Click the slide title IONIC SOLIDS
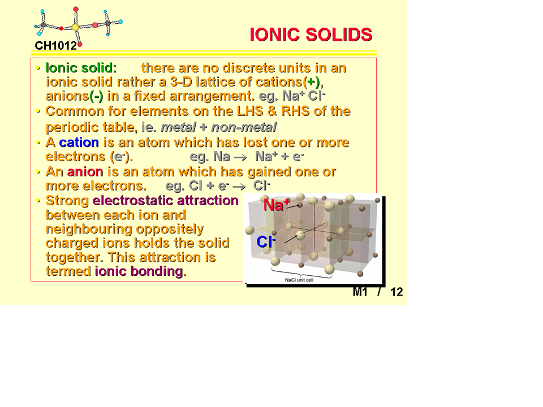click(x=311, y=34)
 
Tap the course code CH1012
click(x=55, y=45)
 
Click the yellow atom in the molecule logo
click(x=75, y=27)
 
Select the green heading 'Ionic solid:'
click(x=81, y=68)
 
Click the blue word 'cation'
click(x=79, y=142)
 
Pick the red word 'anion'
click(x=85, y=171)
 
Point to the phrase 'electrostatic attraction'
click(x=166, y=200)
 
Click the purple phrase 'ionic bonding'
click(x=139, y=271)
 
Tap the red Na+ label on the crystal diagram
click(x=276, y=205)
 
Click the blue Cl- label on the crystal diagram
click(x=266, y=241)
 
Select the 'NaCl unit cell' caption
click(x=299, y=280)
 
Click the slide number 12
click(x=397, y=292)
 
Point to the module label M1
click(x=360, y=292)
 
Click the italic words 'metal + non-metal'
click(x=218, y=127)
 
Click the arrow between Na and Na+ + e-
click(x=240, y=158)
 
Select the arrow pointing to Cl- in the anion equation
click(x=239, y=187)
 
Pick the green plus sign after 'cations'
click(x=312, y=82)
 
